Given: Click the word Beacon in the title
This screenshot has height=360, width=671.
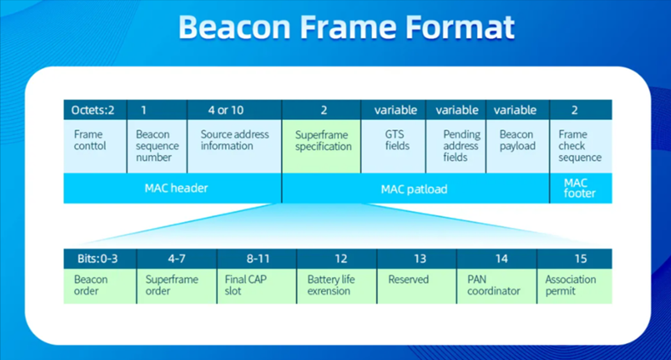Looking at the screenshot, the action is pyautogui.click(x=234, y=27).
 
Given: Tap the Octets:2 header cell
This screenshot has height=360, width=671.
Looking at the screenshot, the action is pyautogui.click(x=95, y=110).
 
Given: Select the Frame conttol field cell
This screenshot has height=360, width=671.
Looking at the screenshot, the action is pyautogui.click(x=95, y=146).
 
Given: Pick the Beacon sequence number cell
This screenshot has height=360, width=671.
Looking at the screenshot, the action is pyautogui.click(x=157, y=146).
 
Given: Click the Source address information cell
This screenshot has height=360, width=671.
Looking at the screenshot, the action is pyautogui.click(x=234, y=146).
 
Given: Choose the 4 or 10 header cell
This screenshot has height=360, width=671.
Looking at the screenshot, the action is pyautogui.click(x=234, y=110).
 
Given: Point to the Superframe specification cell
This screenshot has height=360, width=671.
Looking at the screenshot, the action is pyautogui.click(x=321, y=146).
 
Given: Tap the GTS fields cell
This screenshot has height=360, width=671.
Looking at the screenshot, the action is pyautogui.click(x=393, y=146).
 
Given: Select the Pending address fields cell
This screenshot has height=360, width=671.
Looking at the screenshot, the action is pyautogui.click(x=456, y=146).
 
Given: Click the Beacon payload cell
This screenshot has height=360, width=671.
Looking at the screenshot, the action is pyautogui.click(x=518, y=146).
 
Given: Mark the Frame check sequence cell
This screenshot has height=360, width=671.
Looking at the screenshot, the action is pyautogui.click(x=581, y=146).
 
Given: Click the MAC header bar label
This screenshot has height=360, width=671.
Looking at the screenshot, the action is pyautogui.click(x=176, y=188).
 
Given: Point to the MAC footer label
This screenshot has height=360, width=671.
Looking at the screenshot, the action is pyautogui.click(x=579, y=188).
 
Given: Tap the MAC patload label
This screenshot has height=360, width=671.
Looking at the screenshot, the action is pyautogui.click(x=414, y=189).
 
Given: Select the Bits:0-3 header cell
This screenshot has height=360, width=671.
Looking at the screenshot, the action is pyautogui.click(x=100, y=259).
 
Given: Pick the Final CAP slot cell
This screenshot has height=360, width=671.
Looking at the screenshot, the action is pyautogui.click(x=257, y=286).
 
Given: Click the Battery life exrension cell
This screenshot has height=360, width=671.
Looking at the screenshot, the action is pyautogui.click(x=337, y=286).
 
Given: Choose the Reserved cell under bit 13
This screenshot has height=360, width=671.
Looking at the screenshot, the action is pyautogui.click(x=416, y=286).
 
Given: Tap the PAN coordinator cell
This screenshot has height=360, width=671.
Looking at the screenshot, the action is pyautogui.click(x=496, y=286).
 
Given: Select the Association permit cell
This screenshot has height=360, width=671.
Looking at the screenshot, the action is pyautogui.click(x=575, y=286).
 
